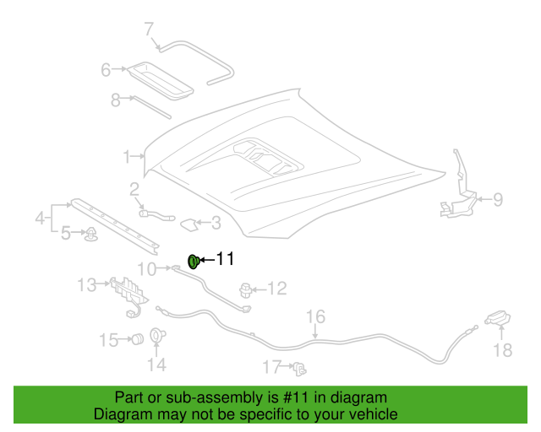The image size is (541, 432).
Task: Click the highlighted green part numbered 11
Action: pos(193,261)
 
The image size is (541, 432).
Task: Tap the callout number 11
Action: pos(225,259)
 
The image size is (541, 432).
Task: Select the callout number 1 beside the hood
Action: pos(127,156)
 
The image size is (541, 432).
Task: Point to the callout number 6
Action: pos(106,70)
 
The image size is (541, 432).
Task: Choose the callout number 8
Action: pos(116,100)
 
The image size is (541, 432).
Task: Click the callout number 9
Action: pos(498,200)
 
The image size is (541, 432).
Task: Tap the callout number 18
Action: pos(502,349)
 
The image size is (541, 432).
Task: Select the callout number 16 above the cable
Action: pos(314,317)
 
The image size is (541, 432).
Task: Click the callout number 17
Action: pos(271,367)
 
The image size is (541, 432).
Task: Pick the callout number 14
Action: pos(157,364)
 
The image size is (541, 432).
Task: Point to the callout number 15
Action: pos(108,340)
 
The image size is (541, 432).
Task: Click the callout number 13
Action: pos(88,285)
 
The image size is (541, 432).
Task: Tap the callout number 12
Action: pos(277,289)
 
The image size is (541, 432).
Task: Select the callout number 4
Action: pos(40,219)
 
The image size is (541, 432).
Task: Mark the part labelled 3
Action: pos(190,224)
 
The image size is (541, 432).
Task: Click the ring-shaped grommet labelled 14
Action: pos(156,336)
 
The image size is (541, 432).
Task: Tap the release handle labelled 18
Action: pos(497,319)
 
